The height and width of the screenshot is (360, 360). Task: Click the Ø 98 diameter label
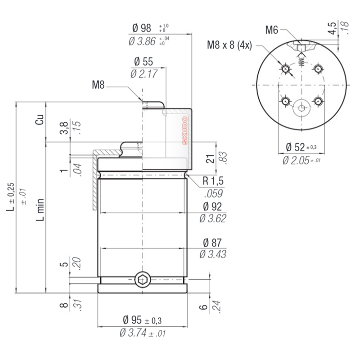(142, 28)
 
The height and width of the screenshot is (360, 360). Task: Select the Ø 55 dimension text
(144, 62)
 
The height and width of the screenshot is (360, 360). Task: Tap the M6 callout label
(272, 30)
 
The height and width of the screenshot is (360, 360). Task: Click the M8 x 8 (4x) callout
(229, 45)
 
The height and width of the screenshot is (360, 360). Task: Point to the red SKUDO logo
(185, 130)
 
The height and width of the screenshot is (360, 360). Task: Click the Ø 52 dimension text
(295, 147)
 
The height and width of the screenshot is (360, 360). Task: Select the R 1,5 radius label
(213, 181)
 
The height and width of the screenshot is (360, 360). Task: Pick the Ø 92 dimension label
(212, 207)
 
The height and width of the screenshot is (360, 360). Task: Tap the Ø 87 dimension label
(212, 243)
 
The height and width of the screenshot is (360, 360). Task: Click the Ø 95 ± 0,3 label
(142, 320)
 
